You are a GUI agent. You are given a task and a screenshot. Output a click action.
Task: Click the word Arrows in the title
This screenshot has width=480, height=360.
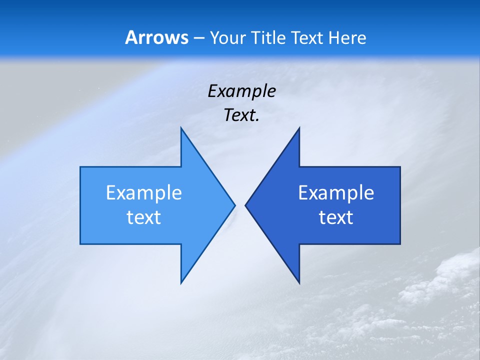156,37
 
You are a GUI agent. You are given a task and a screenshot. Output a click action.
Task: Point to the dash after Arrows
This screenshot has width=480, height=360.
198,38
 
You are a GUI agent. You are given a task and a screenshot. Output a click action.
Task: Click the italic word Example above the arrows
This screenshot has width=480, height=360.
241,91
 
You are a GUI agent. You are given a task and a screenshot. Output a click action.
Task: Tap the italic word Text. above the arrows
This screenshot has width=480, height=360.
241,115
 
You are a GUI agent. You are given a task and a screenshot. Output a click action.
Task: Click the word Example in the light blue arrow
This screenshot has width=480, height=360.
144,192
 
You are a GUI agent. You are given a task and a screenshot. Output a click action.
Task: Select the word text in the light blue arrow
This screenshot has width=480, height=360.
144,217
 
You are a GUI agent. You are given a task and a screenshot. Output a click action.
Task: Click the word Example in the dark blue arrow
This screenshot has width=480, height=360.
336,192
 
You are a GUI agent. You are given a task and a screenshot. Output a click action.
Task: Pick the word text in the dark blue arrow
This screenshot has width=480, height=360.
336,217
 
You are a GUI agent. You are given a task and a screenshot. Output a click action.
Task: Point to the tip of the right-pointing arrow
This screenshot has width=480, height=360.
235,205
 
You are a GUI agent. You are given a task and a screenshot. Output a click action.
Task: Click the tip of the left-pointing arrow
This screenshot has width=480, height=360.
245,205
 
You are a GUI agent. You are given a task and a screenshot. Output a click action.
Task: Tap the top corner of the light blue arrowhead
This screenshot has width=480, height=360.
181,127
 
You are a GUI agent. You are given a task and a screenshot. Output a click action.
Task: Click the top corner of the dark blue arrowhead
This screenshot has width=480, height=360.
299,127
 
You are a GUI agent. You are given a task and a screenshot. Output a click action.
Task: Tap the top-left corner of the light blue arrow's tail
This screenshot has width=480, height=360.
80,167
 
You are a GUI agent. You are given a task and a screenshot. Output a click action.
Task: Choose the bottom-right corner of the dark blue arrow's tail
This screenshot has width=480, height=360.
400,244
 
